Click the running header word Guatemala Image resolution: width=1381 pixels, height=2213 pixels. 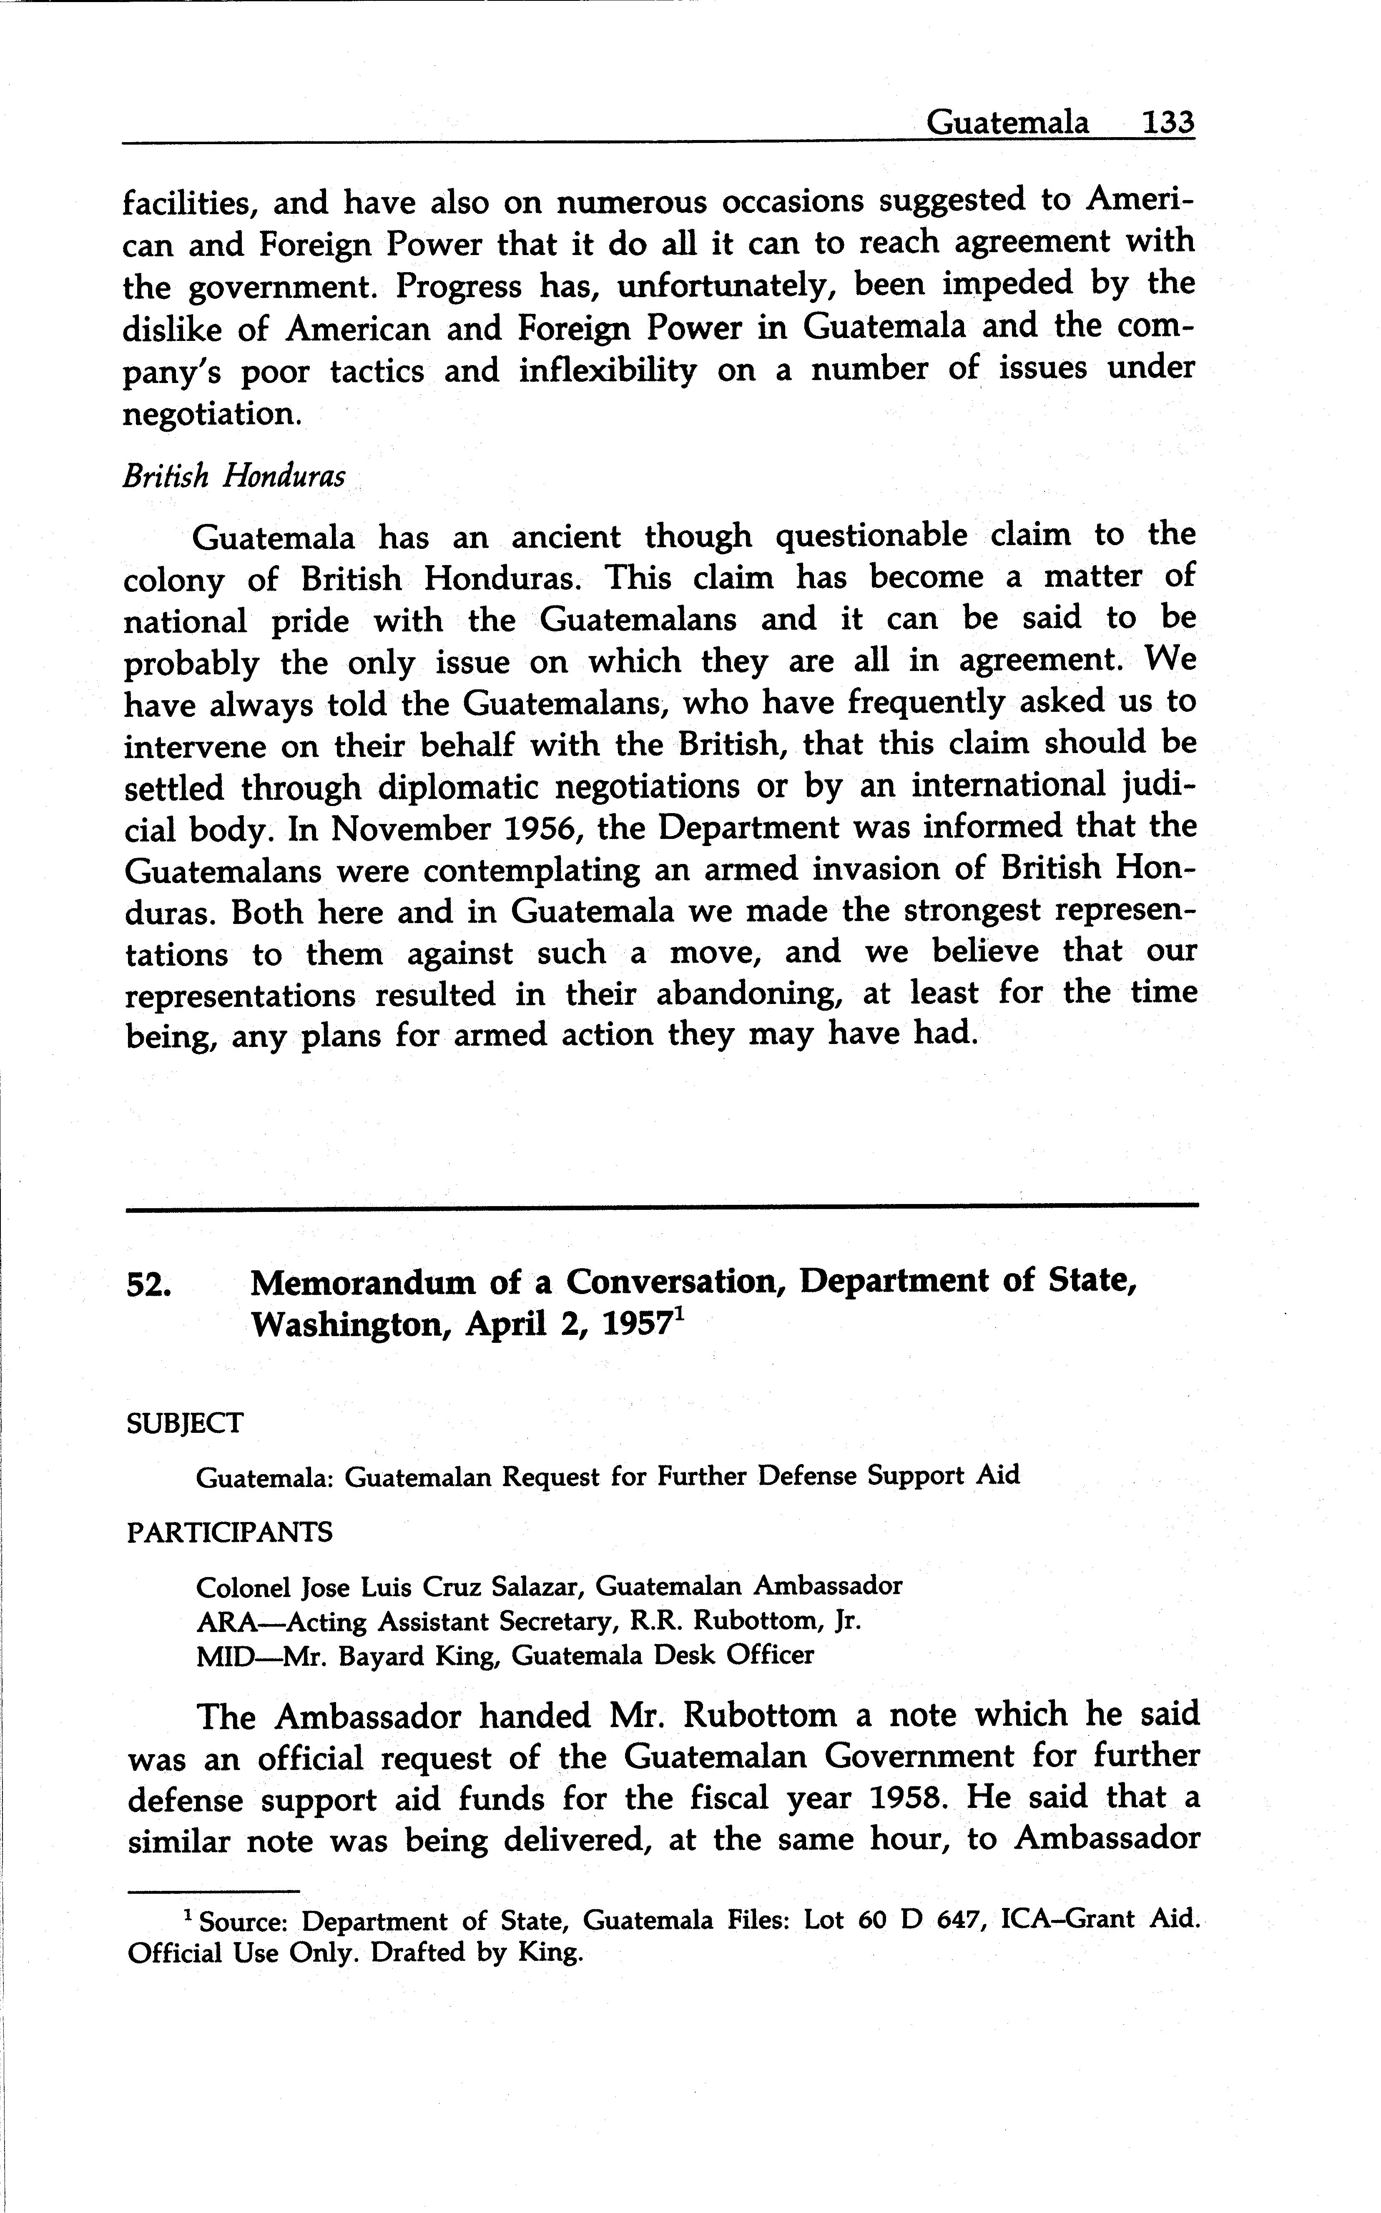tap(1007, 123)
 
